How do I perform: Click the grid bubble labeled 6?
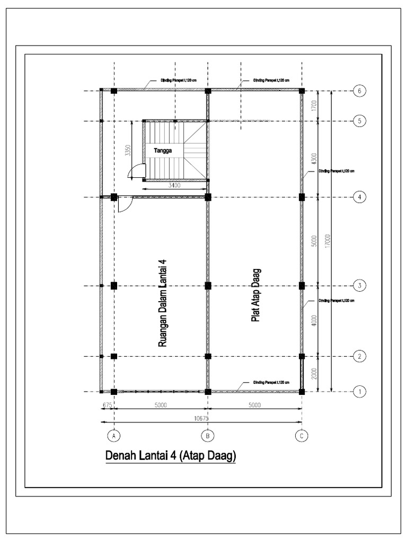359,91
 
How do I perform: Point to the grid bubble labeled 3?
359,286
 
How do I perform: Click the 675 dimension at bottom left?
107,405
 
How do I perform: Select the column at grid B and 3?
208,286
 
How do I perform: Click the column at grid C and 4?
302,197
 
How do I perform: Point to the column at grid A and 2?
114,356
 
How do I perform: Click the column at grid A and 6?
114,91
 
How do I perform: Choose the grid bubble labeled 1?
359,392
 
